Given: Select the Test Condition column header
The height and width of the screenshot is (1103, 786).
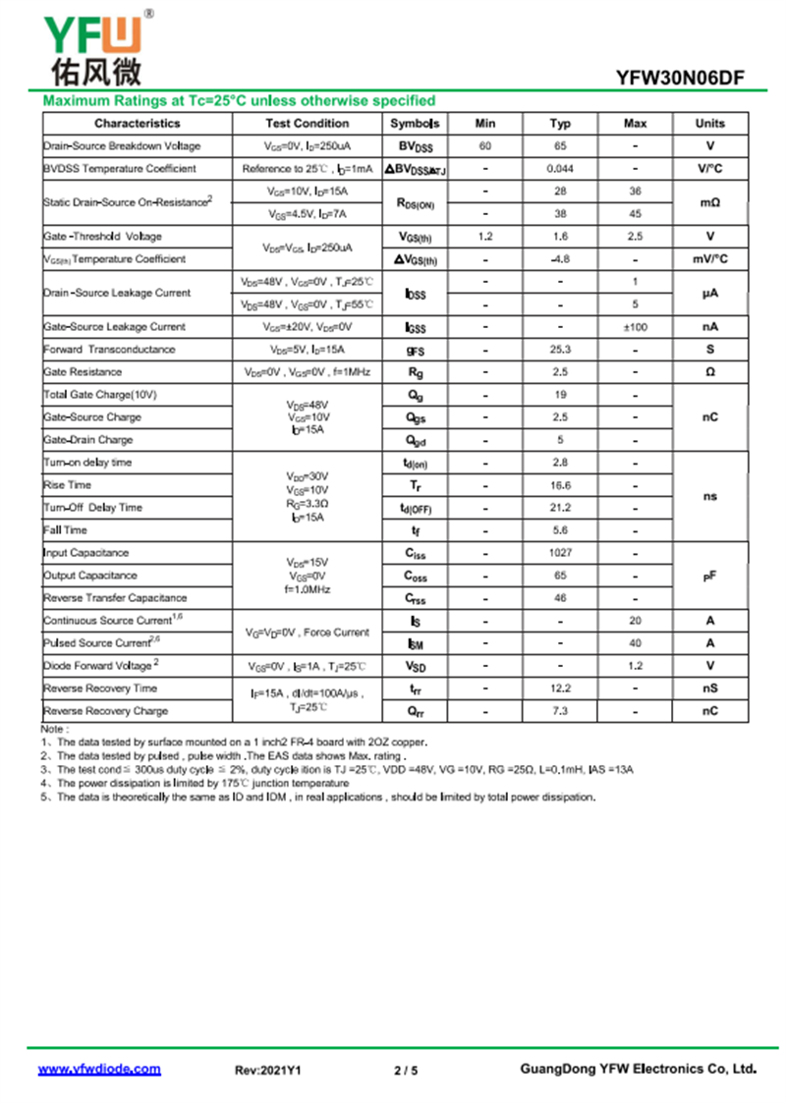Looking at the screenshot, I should click(x=307, y=124).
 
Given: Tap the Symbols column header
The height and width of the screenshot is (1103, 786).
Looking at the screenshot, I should click(x=415, y=124).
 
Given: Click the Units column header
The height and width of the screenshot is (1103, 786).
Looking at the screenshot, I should click(x=709, y=124).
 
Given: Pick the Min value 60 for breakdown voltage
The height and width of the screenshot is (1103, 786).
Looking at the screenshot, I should click(x=485, y=146).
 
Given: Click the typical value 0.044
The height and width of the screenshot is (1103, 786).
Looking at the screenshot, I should click(x=560, y=169).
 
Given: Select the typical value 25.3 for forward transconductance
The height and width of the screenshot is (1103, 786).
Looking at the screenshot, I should click(x=560, y=350).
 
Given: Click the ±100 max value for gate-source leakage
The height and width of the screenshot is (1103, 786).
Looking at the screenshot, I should click(x=635, y=327).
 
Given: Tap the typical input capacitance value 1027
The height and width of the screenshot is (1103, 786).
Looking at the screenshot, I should click(x=560, y=553).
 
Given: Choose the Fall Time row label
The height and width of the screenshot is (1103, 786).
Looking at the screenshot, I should click(x=65, y=530).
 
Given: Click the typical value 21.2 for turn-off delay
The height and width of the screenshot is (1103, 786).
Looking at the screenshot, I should click(x=560, y=508).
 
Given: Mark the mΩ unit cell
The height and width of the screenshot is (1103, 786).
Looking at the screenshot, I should click(x=709, y=202).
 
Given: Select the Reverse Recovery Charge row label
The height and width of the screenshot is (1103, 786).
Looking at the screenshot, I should click(x=105, y=711).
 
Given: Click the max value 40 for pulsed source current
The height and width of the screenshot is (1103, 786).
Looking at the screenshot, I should click(x=635, y=643).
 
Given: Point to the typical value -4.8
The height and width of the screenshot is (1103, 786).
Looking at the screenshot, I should click(x=560, y=259).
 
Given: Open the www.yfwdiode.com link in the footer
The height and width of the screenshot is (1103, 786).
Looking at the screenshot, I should click(x=99, y=1070).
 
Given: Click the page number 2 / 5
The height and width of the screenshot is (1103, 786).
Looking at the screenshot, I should click(x=406, y=1071).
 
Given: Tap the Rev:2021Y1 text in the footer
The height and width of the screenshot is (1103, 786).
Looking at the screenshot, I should click(x=267, y=1071).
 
